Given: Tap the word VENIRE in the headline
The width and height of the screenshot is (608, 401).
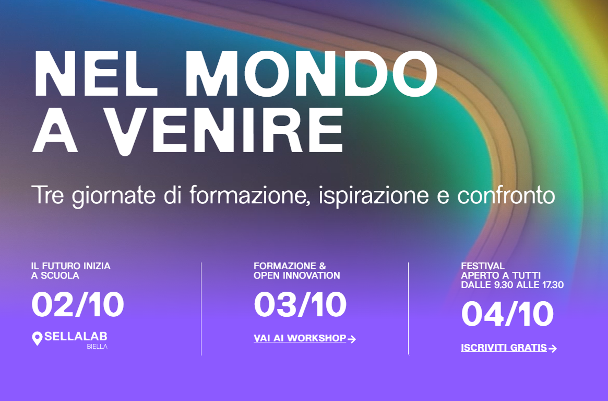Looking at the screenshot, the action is [224, 130].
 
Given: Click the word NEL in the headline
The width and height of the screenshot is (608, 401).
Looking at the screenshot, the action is [96, 74].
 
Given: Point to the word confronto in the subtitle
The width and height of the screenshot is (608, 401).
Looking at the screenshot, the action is [506, 195].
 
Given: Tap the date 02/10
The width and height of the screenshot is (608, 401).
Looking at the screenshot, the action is [78, 305].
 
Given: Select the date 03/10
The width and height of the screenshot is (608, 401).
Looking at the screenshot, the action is [300, 305].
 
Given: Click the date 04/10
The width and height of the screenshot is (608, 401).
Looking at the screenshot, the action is [507, 314].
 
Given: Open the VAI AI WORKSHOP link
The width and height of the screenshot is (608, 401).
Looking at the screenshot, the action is [300, 338].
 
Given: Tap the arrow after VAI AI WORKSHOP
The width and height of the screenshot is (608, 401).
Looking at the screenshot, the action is [352, 339].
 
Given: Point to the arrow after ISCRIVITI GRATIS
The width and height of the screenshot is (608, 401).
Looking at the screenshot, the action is [553, 349].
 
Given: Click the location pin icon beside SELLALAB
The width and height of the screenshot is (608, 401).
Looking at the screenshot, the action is [37, 338].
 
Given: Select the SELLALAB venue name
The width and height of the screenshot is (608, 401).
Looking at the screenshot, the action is [76, 337].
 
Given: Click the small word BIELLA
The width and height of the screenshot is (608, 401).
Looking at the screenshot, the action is [97, 347].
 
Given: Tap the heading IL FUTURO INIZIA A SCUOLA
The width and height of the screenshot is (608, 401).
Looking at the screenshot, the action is [70, 271].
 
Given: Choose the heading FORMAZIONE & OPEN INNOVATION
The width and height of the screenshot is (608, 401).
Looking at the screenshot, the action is [296, 271].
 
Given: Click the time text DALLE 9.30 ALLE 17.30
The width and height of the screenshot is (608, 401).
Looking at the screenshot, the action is [512, 285].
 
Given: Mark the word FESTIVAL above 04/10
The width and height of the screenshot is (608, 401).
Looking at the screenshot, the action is [483, 266].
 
